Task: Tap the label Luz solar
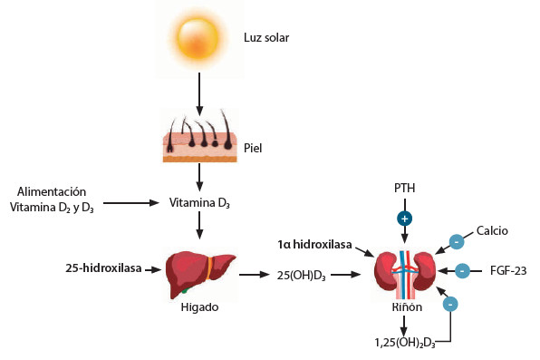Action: coord(266,37)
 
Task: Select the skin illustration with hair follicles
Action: coord(199,135)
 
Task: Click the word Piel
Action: coord(253,148)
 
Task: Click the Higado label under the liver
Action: coord(199,306)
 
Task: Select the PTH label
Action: coord(405,189)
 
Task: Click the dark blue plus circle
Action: coord(405,219)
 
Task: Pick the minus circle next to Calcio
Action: coord(457,242)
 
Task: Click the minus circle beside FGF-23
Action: coord(462,271)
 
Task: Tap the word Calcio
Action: coord(492,230)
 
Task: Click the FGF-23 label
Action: coord(508,271)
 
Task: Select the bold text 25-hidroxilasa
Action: coord(103,268)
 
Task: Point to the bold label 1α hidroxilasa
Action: coord(314,245)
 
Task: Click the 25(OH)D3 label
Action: coord(302,276)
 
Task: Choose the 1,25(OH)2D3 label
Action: coord(405,343)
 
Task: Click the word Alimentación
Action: coord(52,191)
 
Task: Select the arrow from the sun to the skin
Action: coord(199,93)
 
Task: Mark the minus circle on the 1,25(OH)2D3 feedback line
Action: coord(450,304)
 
